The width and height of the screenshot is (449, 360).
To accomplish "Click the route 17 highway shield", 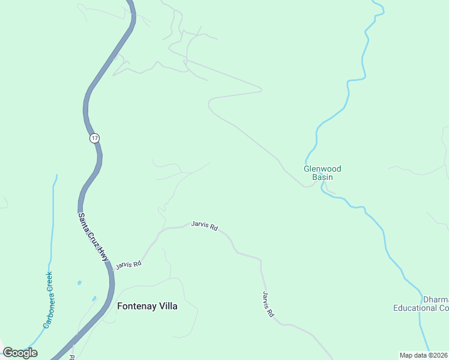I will tap(94, 138).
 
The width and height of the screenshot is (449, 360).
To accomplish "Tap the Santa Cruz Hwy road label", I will tap(94, 236).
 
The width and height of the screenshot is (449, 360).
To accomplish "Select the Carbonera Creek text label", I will tap(48, 300).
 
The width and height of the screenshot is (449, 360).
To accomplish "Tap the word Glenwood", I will tap(322, 169).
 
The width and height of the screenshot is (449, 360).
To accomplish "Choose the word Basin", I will tap(322, 177).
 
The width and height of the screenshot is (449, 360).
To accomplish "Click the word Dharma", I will tap(436, 299).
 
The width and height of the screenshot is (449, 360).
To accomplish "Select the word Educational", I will tap(415, 308).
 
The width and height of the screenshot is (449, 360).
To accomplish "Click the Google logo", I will tap(20, 353).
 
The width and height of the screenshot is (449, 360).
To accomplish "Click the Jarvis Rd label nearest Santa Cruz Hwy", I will tap(128, 264).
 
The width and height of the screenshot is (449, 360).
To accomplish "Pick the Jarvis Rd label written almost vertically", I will tap(268, 304).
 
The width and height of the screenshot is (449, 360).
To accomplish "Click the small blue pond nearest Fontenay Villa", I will tap(94, 298).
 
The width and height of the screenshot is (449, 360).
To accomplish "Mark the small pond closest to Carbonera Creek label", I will tap(79, 282).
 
